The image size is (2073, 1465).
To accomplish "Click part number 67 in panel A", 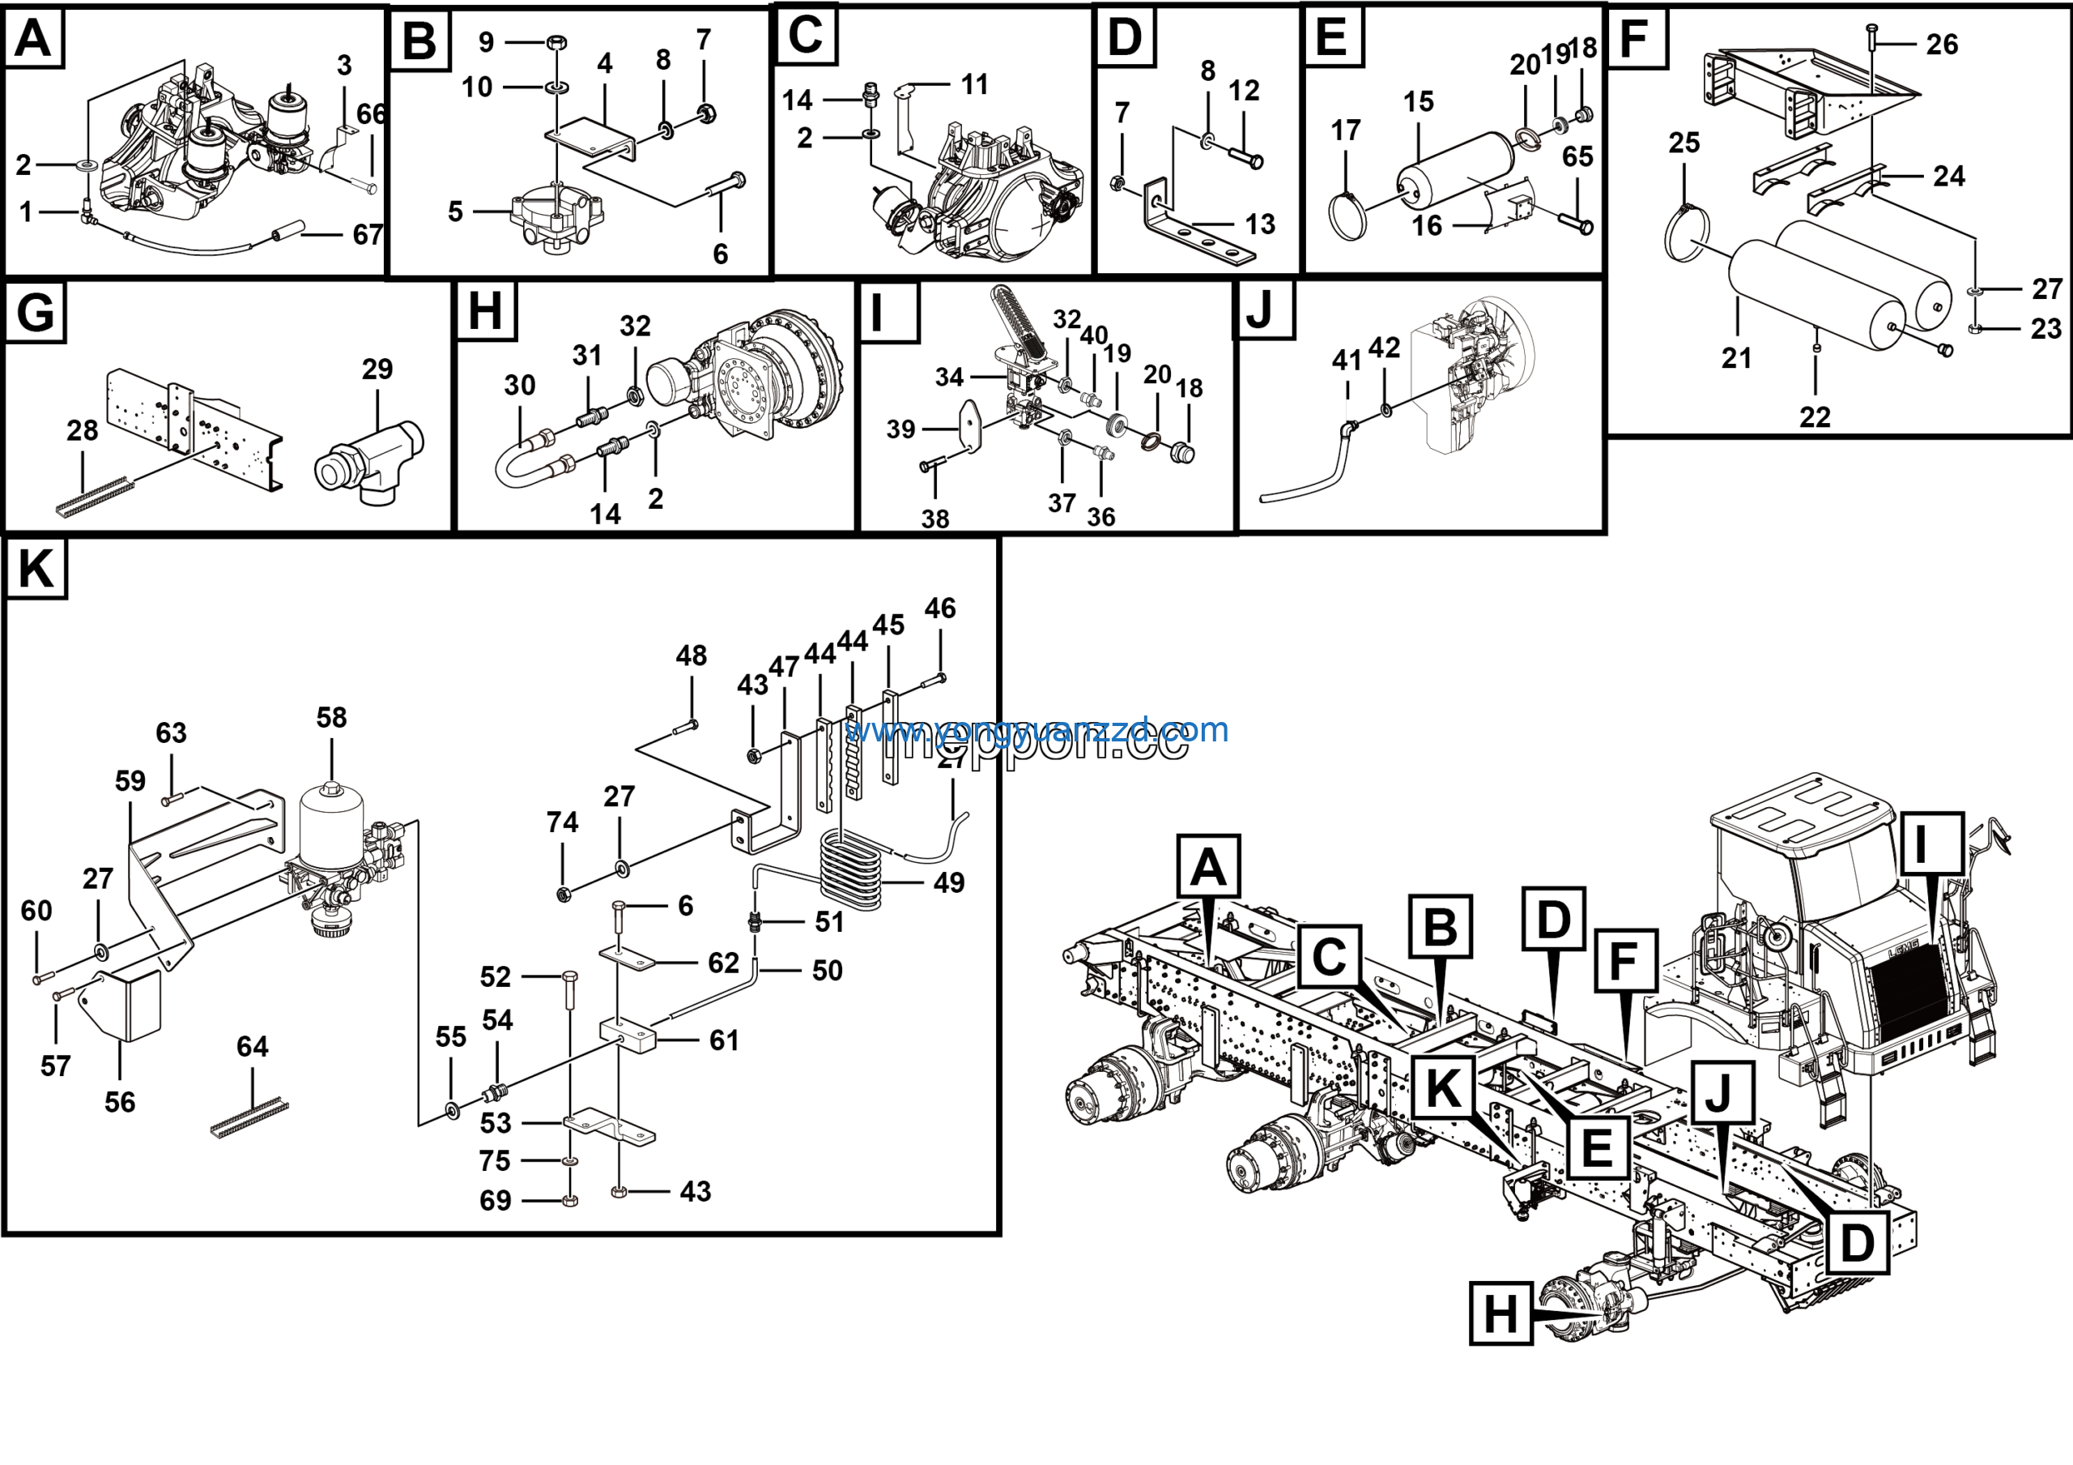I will point(368,235).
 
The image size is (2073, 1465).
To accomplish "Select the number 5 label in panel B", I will point(455,211).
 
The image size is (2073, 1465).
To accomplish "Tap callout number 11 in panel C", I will point(974,85).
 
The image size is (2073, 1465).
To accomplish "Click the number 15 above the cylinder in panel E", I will point(1418,102).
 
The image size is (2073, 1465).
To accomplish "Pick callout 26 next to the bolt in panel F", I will point(1941,45).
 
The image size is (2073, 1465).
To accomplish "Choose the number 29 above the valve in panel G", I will point(377,369).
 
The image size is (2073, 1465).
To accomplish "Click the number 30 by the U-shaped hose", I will point(519,385).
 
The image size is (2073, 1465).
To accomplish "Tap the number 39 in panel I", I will point(900,429).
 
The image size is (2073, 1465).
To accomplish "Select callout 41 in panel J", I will point(1346,361).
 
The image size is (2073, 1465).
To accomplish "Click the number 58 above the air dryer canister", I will point(331,717).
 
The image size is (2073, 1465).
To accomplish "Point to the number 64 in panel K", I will point(252,1046).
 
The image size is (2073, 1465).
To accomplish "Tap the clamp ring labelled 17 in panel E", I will point(1349,217).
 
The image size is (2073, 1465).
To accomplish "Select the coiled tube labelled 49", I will point(849,872).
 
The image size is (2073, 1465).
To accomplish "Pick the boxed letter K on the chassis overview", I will point(1443,1086).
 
